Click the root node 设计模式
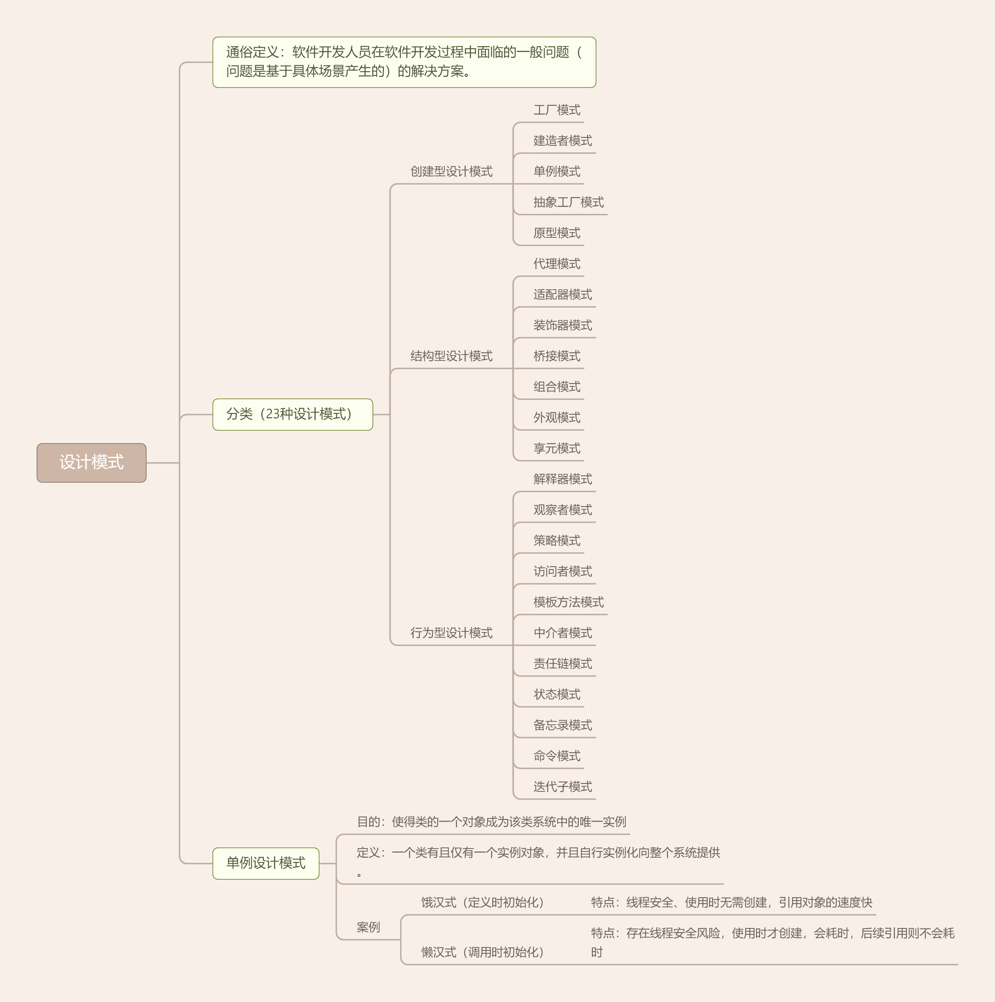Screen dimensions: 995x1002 pos(91,462)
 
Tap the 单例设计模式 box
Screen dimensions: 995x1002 pos(266,862)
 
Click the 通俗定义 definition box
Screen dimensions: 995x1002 pos(404,62)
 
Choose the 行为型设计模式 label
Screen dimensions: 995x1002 pos(451,633)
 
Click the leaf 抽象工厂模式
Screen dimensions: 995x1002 pos(568,202)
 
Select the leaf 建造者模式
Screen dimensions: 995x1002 pos(562,141)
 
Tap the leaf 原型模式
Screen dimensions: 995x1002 pos(556,233)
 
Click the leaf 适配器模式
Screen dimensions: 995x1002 pos(562,294)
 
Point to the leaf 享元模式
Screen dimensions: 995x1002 pos(556,448)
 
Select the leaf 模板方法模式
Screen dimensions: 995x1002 pos(568,602)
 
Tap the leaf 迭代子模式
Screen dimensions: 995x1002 pos(562,787)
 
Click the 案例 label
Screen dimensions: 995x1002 pos(368,927)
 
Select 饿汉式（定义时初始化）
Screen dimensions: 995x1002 pos(482,902)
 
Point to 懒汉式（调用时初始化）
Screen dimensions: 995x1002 pos(482,952)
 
